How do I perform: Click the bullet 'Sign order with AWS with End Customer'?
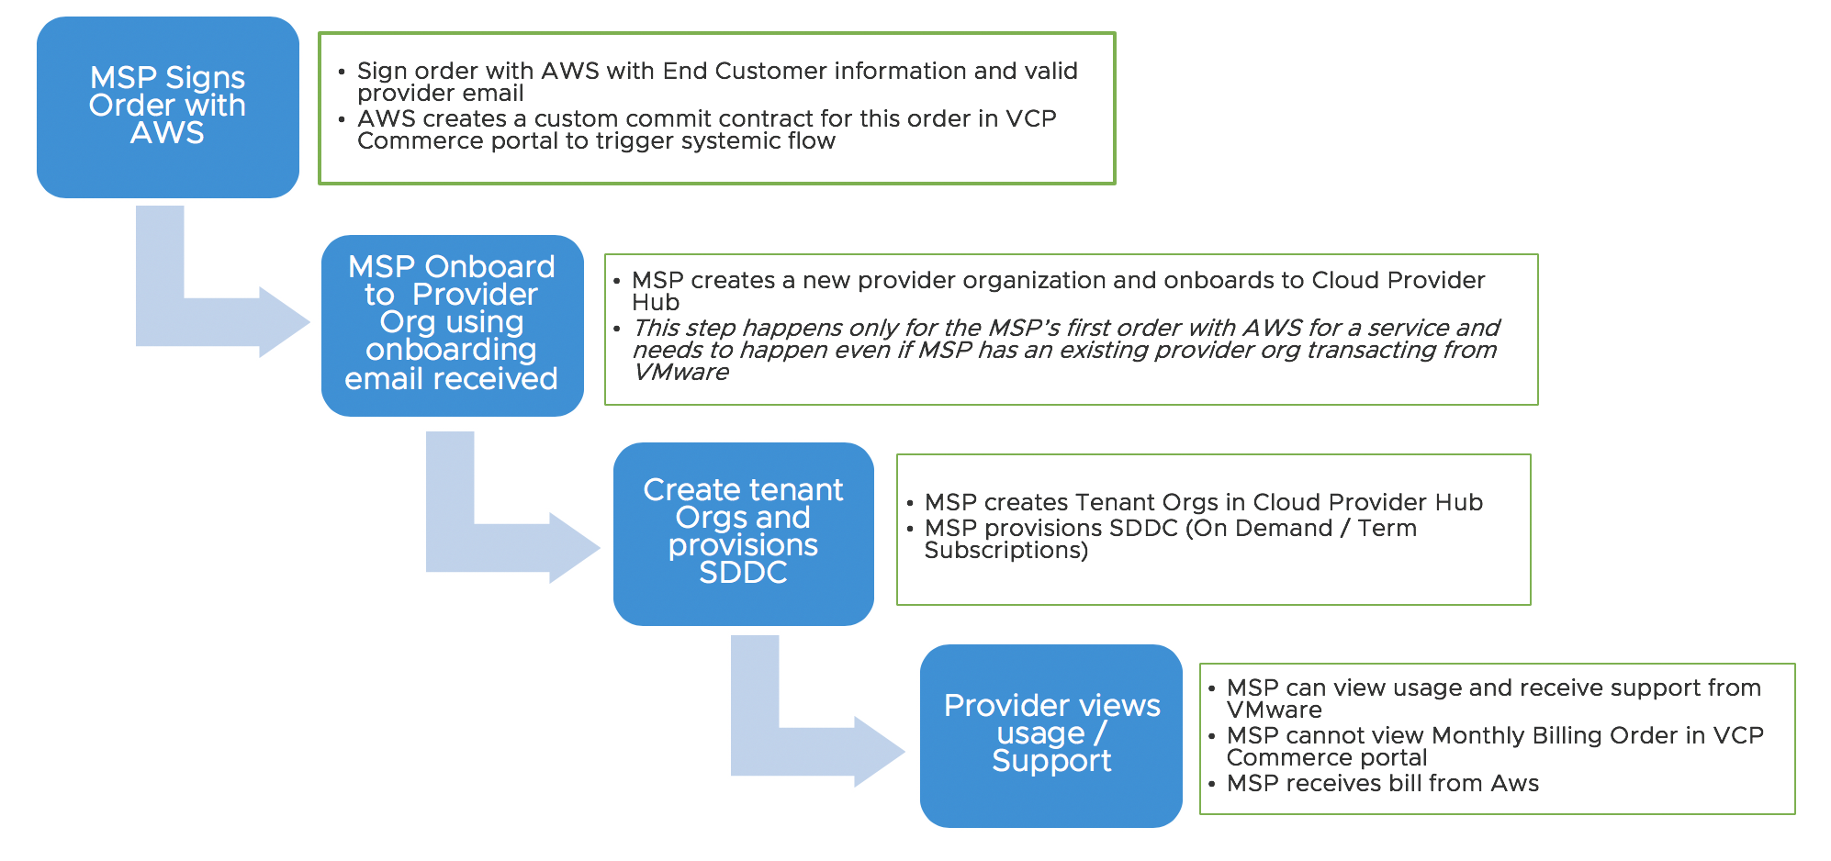pyautogui.click(x=716, y=72)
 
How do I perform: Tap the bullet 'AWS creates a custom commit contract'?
pyautogui.click(x=706, y=119)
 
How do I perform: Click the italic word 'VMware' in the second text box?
pyautogui.click(x=680, y=373)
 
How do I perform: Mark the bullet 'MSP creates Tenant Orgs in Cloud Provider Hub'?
pyautogui.click(x=1203, y=503)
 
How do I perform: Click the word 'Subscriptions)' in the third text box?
pyautogui.click(x=1005, y=551)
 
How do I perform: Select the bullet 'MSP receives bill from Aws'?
pyautogui.click(x=1382, y=784)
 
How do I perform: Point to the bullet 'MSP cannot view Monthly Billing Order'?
pyautogui.click(x=1494, y=736)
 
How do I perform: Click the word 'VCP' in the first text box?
pyautogui.click(x=1031, y=119)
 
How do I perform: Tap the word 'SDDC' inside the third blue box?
pyautogui.click(x=743, y=573)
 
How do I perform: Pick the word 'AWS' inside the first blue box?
pyautogui.click(x=167, y=133)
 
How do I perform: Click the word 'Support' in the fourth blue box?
pyautogui.click(x=1051, y=761)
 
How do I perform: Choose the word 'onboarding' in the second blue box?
pyautogui.click(x=451, y=350)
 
